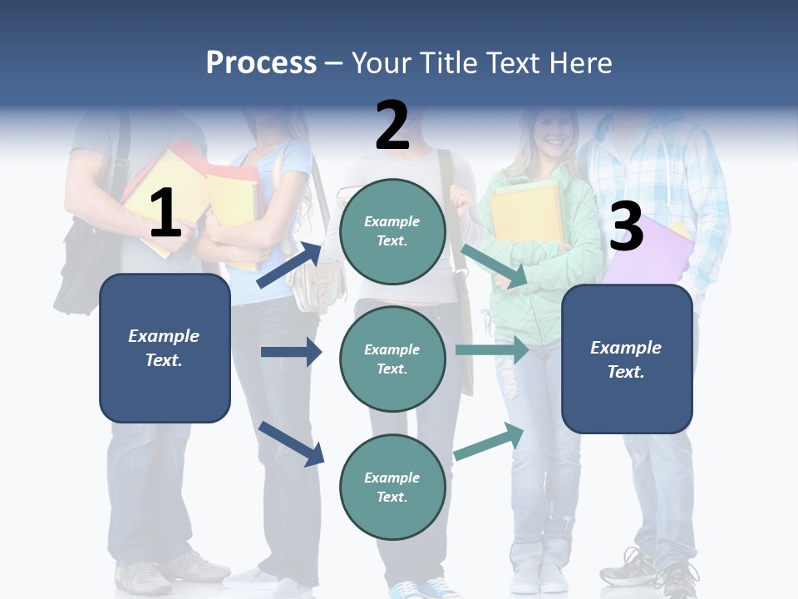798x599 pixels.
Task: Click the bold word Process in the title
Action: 261,62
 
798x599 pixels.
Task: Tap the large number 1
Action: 165,213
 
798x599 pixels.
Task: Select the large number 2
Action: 392,125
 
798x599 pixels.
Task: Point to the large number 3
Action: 626,226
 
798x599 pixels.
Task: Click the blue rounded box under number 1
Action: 165,348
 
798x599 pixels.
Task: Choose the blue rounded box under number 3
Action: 627,359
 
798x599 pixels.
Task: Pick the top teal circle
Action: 392,230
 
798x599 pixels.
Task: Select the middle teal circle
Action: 392,359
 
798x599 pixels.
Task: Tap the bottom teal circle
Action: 392,487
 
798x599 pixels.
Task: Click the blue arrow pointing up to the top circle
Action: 289,265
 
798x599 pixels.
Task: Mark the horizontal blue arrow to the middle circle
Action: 291,352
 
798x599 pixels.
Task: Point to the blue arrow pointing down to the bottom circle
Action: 291,443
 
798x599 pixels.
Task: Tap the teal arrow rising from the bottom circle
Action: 489,441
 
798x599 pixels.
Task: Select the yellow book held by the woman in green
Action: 525,213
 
